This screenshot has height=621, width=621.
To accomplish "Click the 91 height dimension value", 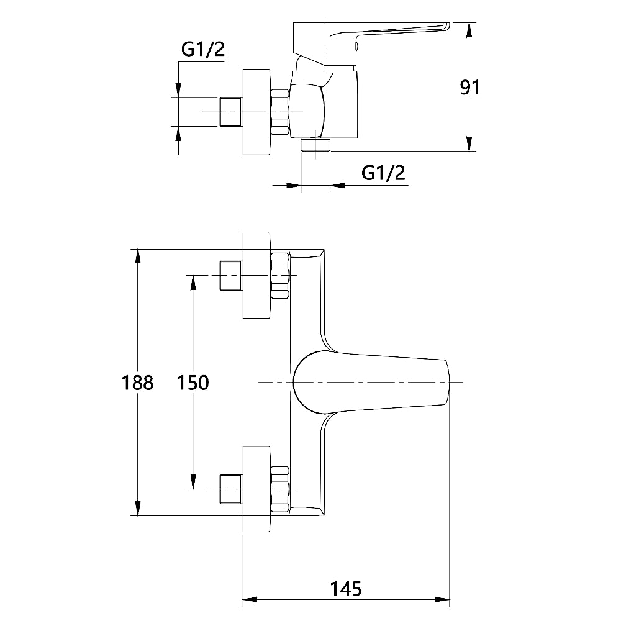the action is (469, 87).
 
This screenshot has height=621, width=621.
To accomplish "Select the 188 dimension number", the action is (137, 383).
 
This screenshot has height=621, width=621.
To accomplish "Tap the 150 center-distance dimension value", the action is (193, 383).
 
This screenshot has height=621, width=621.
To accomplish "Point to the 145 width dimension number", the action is (346, 589).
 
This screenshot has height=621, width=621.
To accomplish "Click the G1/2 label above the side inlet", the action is (203, 50).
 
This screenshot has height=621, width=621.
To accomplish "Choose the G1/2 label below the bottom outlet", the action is (383, 173).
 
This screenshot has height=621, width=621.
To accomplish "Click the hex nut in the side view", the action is (280, 112).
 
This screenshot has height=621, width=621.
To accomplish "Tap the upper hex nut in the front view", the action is (280, 275).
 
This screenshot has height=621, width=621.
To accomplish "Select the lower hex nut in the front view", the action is (280, 489).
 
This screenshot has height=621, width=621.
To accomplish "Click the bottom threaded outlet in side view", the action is (315, 145).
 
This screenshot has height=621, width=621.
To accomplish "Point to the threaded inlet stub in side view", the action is (230, 112).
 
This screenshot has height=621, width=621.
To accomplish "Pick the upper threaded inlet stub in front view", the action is (230, 275).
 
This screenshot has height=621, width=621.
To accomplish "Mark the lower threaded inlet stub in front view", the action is (230, 489).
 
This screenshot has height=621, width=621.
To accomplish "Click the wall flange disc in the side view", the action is (256, 112).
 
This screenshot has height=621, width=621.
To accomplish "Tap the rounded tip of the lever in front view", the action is (448, 382).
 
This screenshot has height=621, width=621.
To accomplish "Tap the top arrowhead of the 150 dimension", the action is (193, 283).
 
